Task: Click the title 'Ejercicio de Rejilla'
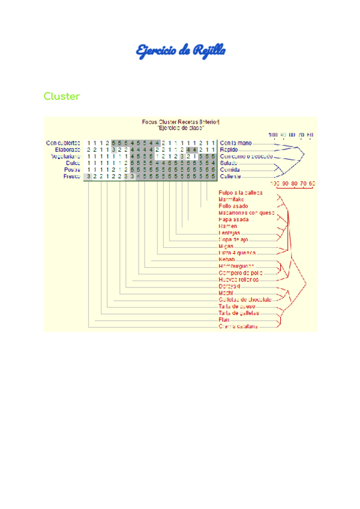pyautogui.click(x=181, y=51)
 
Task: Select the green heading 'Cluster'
pyautogui.click(x=61, y=97)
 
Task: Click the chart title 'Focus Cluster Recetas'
pyautogui.click(x=181, y=122)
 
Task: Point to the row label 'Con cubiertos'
pyautogui.click(x=64, y=143)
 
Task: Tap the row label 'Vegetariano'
pyautogui.click(x=65, y=156)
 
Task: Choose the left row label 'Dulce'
pyautogui.click(x=72, y=163)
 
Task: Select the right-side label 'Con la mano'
pyautogui.click(x=236, y=143)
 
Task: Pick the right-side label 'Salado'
pyautogui.click(x=230, y=163)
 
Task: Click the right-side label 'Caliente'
pyautogui.click(x=232, y=176)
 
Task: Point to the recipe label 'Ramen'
pyautogui.click(x=228, y=226)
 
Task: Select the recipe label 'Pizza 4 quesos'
pyautogui.click(x=236, y=253)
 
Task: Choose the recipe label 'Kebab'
pyautogui.click(x=227, y=259)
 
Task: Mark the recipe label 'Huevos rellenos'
pyautogui.click(x=238, y=279)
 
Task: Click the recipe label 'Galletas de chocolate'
pyautogui.click(x=245, y=299)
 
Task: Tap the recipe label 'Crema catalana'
pyautogui.click(x=238, y=327)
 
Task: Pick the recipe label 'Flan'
pyautogui.click(x=224, y=320)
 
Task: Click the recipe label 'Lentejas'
pyautogui.click(x=230, y=233)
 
